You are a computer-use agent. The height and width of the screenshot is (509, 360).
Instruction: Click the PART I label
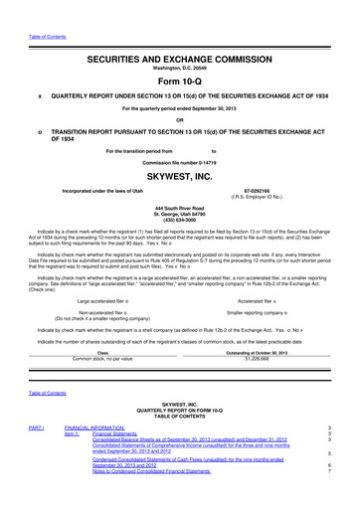coord(36,427)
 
